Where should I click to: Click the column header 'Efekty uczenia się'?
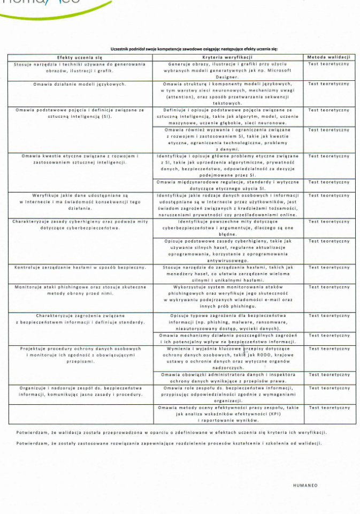click(x=80, y=57)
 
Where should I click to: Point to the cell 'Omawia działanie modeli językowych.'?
click(x=80, y=84)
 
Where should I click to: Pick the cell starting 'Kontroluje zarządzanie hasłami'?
click(x=80, y=267)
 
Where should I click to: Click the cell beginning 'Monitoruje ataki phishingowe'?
click(x=80, y=290)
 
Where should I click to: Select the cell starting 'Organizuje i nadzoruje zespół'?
click(x=80, y=391)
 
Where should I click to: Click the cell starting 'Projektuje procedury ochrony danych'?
click(x=80, y=355)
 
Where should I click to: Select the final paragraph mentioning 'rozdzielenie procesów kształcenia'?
click(x=169, y=443)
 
